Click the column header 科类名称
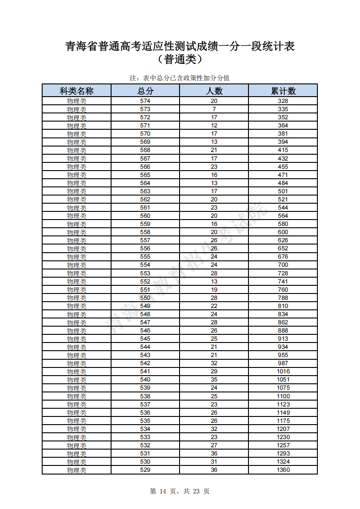(76, 91)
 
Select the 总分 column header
(145, 91)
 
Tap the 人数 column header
(214, 91)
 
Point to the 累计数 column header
(283, 91)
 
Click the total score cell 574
(145, 101)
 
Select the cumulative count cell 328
(283, 101)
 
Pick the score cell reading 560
(145, 216)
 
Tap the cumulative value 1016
(283, 372)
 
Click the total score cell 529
(145, 470)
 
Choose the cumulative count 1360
(283, 470)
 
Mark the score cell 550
(145, 298)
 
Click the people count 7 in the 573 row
(214, 109)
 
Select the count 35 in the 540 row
(214, 380)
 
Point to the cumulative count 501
(283, 191)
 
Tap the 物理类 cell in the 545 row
(76, 339)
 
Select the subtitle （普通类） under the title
(180, 59)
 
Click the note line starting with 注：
(180, 78)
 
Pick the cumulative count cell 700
(283, 265)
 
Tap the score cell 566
(145, 167)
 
